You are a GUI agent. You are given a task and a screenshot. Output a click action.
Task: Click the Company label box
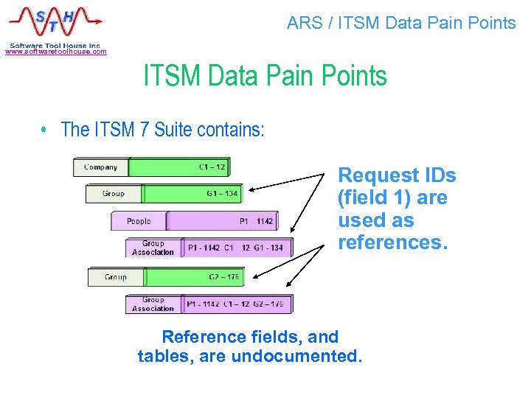coord(101,167)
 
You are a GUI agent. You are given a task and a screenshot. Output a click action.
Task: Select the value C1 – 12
coord(212,167)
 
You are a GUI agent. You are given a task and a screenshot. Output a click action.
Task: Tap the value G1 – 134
coord(223,194)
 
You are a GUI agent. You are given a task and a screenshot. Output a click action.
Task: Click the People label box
coord(139,221)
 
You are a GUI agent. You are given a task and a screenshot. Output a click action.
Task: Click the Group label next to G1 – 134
coord(114,194)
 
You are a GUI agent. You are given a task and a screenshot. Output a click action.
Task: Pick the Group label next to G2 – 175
coord(116,277)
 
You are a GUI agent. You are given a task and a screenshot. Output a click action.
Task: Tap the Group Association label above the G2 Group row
coord(153,248)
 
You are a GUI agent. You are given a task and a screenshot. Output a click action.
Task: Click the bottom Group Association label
coord(153,304)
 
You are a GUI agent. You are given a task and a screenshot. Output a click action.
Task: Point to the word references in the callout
coord(392,242)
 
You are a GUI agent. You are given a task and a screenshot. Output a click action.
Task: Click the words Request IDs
coord(397,175)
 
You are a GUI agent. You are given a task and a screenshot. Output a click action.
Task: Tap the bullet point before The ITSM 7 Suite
coord(45,130)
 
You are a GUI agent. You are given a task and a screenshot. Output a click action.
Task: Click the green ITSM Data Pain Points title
coord(265,76)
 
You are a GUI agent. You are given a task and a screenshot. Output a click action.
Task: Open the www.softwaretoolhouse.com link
coord(56,52)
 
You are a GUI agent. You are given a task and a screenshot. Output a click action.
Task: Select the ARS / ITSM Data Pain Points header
coord(401,23)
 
